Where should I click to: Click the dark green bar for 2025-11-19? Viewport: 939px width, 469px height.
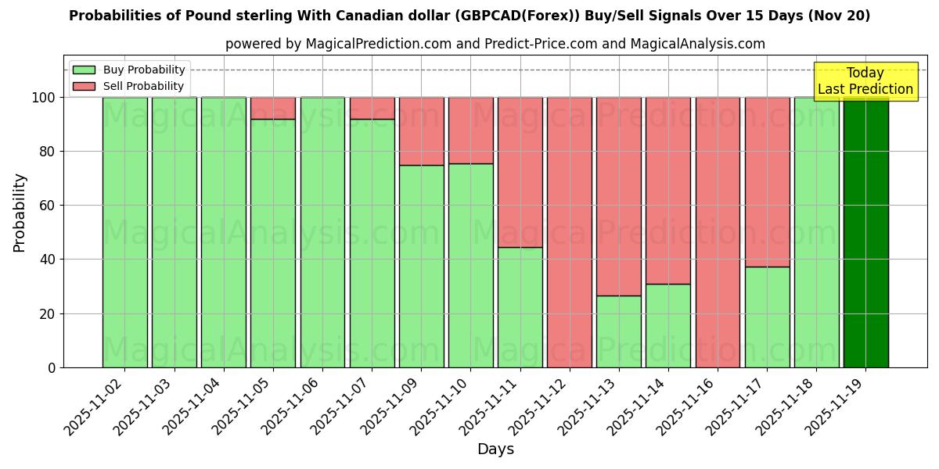tap(865, 232)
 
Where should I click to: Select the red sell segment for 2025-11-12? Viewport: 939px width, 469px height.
tap(569, 232)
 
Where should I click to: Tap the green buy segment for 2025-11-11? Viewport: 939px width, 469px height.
tap(520, 307)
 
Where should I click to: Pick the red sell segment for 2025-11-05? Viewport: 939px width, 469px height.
tap(272, 108)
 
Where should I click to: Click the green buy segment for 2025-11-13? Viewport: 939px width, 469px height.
tap(618, 331)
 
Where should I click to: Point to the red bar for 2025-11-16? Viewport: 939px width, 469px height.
tap(718, 232)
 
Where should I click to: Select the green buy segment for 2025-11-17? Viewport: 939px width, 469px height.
tap(767, 317)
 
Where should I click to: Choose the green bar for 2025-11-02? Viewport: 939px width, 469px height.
tap(124, 232)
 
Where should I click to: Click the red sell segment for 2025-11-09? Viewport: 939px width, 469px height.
tap(421, 131)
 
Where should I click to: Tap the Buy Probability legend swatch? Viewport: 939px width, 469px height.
tap(84, 70)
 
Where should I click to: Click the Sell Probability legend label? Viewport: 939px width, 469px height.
tap(143, 86)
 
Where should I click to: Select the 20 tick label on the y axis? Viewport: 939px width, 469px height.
tap(47, 313)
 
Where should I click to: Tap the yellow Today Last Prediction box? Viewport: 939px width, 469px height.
tap(865, 81)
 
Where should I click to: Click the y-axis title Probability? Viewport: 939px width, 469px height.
tap(20, 213)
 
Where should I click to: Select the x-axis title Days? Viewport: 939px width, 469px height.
tap(495, 449)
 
